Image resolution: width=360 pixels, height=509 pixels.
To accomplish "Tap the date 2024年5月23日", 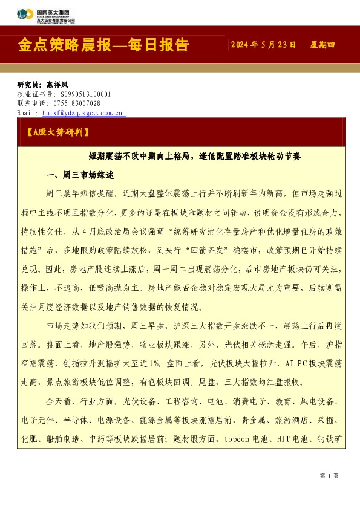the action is click(x=264, y=45).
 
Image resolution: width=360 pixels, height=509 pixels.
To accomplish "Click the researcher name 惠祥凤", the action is click(x=57, y=85).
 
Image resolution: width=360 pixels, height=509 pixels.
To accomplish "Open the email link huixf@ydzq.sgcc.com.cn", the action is click(x=82, y=112).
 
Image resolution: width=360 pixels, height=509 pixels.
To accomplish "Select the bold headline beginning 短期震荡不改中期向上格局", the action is click(x=194, y=155).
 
